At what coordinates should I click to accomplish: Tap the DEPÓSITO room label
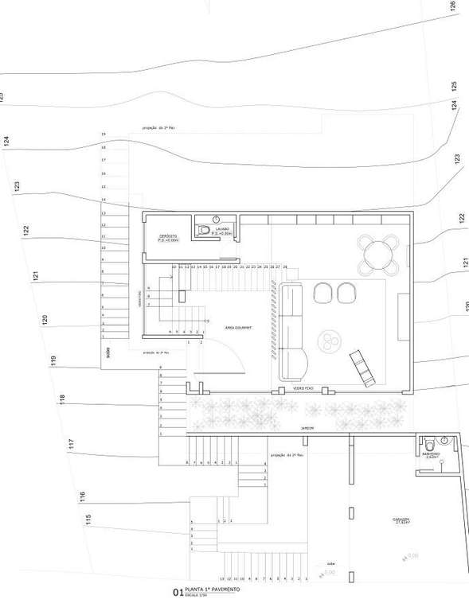168,237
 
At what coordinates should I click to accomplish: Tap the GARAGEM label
401,520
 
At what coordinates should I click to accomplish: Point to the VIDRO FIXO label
303,388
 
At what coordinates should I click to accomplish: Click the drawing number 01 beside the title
178,592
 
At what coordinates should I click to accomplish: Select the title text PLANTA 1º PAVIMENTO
212,590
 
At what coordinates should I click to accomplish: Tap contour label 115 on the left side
88,519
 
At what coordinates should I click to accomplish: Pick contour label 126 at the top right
453,6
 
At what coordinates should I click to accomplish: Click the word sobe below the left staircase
107,349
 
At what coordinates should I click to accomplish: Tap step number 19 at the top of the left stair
104,134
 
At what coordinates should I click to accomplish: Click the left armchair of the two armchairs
323,293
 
